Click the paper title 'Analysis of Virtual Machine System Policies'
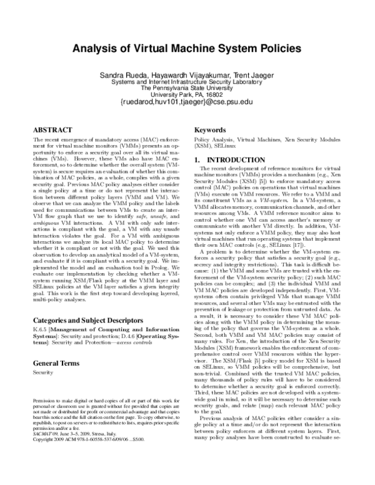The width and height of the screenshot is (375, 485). click(187, 47)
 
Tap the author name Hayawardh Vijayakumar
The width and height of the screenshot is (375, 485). click(188, 75)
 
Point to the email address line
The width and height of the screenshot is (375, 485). click(187, 101)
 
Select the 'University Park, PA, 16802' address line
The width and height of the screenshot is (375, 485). click(187, 94)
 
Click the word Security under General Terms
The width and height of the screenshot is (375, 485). click(42, 372)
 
